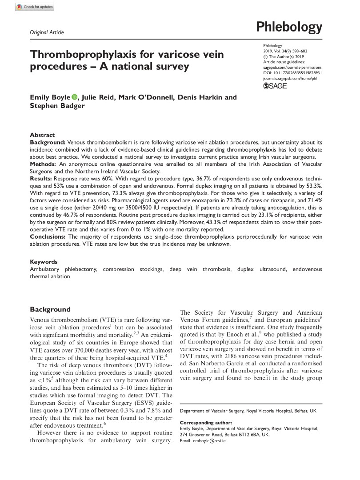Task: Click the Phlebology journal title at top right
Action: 289,28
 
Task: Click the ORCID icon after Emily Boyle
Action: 74,97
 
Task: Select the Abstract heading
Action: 42,135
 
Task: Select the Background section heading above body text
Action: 50,309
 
